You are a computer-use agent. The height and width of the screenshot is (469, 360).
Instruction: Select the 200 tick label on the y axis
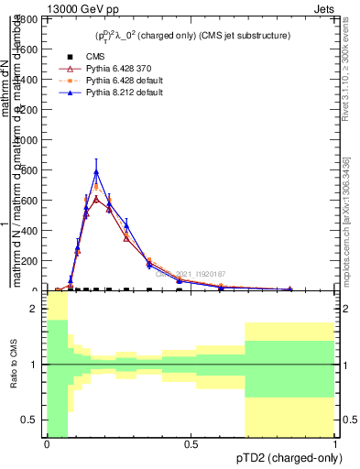(x=29, y=260)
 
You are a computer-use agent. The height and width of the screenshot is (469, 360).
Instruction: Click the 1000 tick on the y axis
(x=27, y=140)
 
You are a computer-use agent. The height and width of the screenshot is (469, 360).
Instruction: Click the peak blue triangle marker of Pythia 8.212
(x=96, y=171)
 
